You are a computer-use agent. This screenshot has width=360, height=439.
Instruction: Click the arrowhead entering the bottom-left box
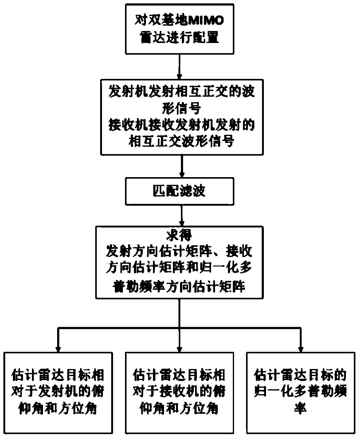pos(58,348)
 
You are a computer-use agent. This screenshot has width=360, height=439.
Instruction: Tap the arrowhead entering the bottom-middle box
pos(179,348)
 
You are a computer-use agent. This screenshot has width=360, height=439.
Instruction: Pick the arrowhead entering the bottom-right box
pos(300,348)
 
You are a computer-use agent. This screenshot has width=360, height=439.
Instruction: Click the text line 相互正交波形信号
pos(182,142)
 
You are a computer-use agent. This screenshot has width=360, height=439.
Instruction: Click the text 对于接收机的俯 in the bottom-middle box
pos(179,392)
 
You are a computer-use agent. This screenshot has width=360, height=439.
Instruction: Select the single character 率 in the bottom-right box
pos(300,408)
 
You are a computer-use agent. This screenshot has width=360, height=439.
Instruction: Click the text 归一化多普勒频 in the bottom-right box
pos(300,392)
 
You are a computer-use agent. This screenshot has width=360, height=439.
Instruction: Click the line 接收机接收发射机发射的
pos(182,125)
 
